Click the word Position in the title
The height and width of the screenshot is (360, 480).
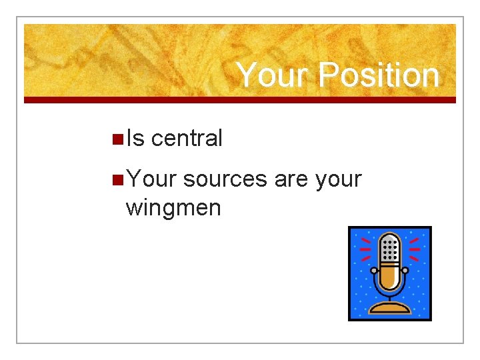point(379,75)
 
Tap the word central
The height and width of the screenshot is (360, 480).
point(187,139)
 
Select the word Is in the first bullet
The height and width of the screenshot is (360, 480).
point(135,139)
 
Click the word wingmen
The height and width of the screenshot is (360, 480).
point(173,208)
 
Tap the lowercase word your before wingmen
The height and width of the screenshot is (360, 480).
point(337,179)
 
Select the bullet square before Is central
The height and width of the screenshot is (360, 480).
point(117,139)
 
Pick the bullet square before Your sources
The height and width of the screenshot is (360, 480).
point(117,180)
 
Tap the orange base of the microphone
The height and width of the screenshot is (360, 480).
point(390,308)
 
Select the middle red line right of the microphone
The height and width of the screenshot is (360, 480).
point(415,249)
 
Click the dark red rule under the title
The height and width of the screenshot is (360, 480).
point(240,100)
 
